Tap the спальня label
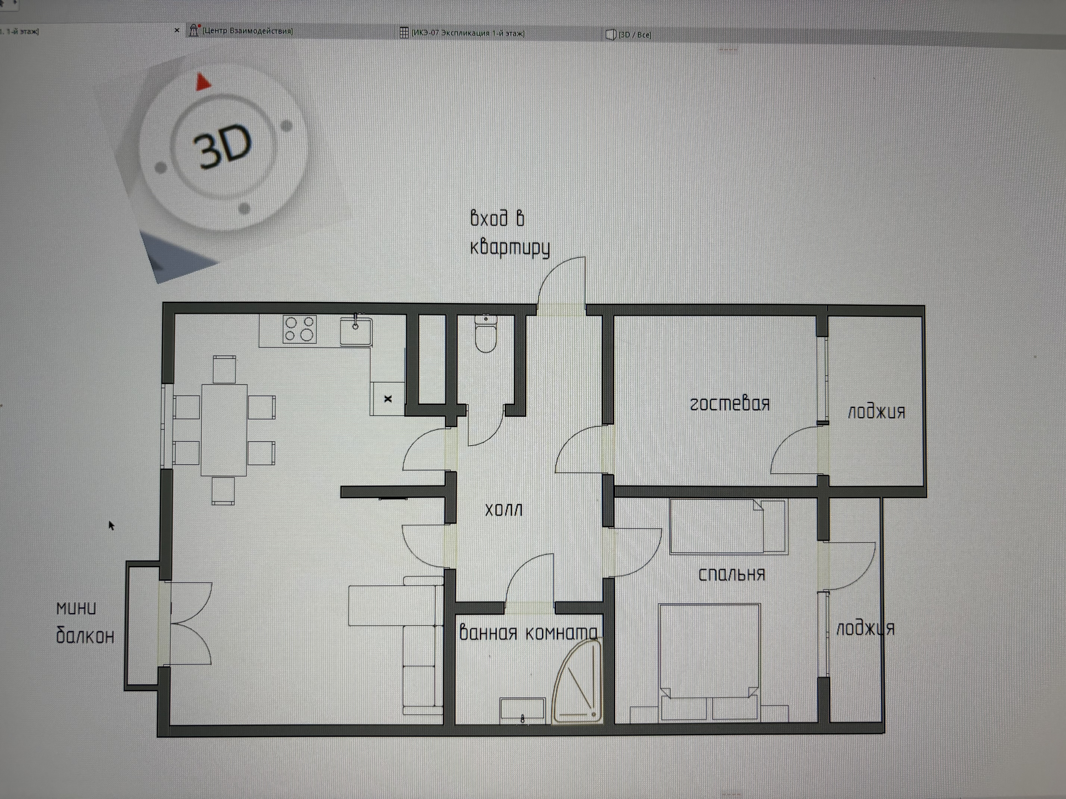[732, 574]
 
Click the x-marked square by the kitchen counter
[387, 398]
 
